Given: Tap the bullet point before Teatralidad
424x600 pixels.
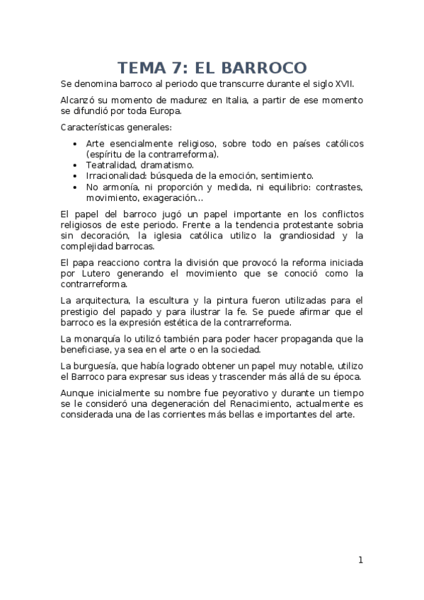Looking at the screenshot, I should click(x=76, y=164).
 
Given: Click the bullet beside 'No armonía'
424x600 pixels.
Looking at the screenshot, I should click(x=76, y=187).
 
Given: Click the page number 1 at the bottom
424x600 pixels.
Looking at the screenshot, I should click(x=360, y=560).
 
